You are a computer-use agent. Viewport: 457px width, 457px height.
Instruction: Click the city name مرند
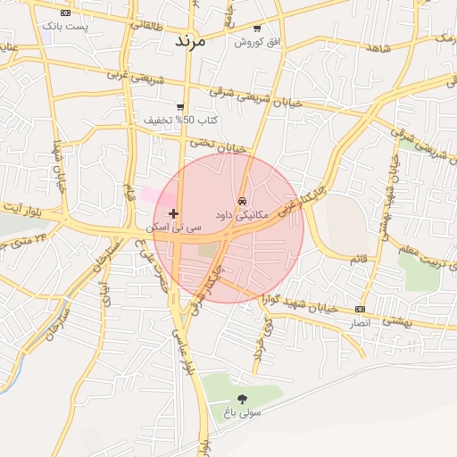click(190, 40)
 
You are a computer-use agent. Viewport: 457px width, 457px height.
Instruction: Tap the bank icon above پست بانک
click(65, 13)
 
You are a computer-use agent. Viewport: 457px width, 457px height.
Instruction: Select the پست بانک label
click(65, 27)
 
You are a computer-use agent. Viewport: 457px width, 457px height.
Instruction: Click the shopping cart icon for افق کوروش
click(257, 29)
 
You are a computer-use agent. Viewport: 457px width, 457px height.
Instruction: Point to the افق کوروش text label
click(257, 42)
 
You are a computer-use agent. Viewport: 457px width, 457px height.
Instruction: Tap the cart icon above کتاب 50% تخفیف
click(180, 106)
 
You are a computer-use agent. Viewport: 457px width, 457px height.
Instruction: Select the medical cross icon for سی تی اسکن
click(173, 213)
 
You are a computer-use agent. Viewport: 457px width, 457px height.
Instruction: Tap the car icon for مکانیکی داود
click(242, 201)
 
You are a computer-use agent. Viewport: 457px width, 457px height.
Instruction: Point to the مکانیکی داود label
click(241, 216)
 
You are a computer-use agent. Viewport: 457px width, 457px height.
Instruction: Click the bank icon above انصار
click(360, 308)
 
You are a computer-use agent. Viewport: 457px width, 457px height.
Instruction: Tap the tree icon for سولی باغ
click(242, 399)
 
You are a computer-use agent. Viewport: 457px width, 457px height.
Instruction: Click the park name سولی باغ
click(243, 413)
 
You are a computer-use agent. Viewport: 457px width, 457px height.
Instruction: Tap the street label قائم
click(359, 259)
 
